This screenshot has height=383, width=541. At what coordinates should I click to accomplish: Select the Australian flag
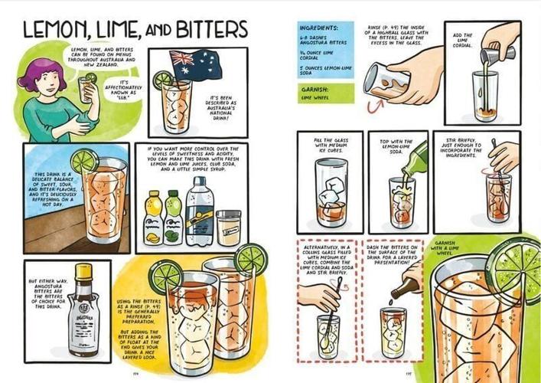(191, 62)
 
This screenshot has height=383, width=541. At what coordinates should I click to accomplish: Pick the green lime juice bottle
(173, 218)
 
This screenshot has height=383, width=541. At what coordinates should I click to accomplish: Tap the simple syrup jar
(227, 227)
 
